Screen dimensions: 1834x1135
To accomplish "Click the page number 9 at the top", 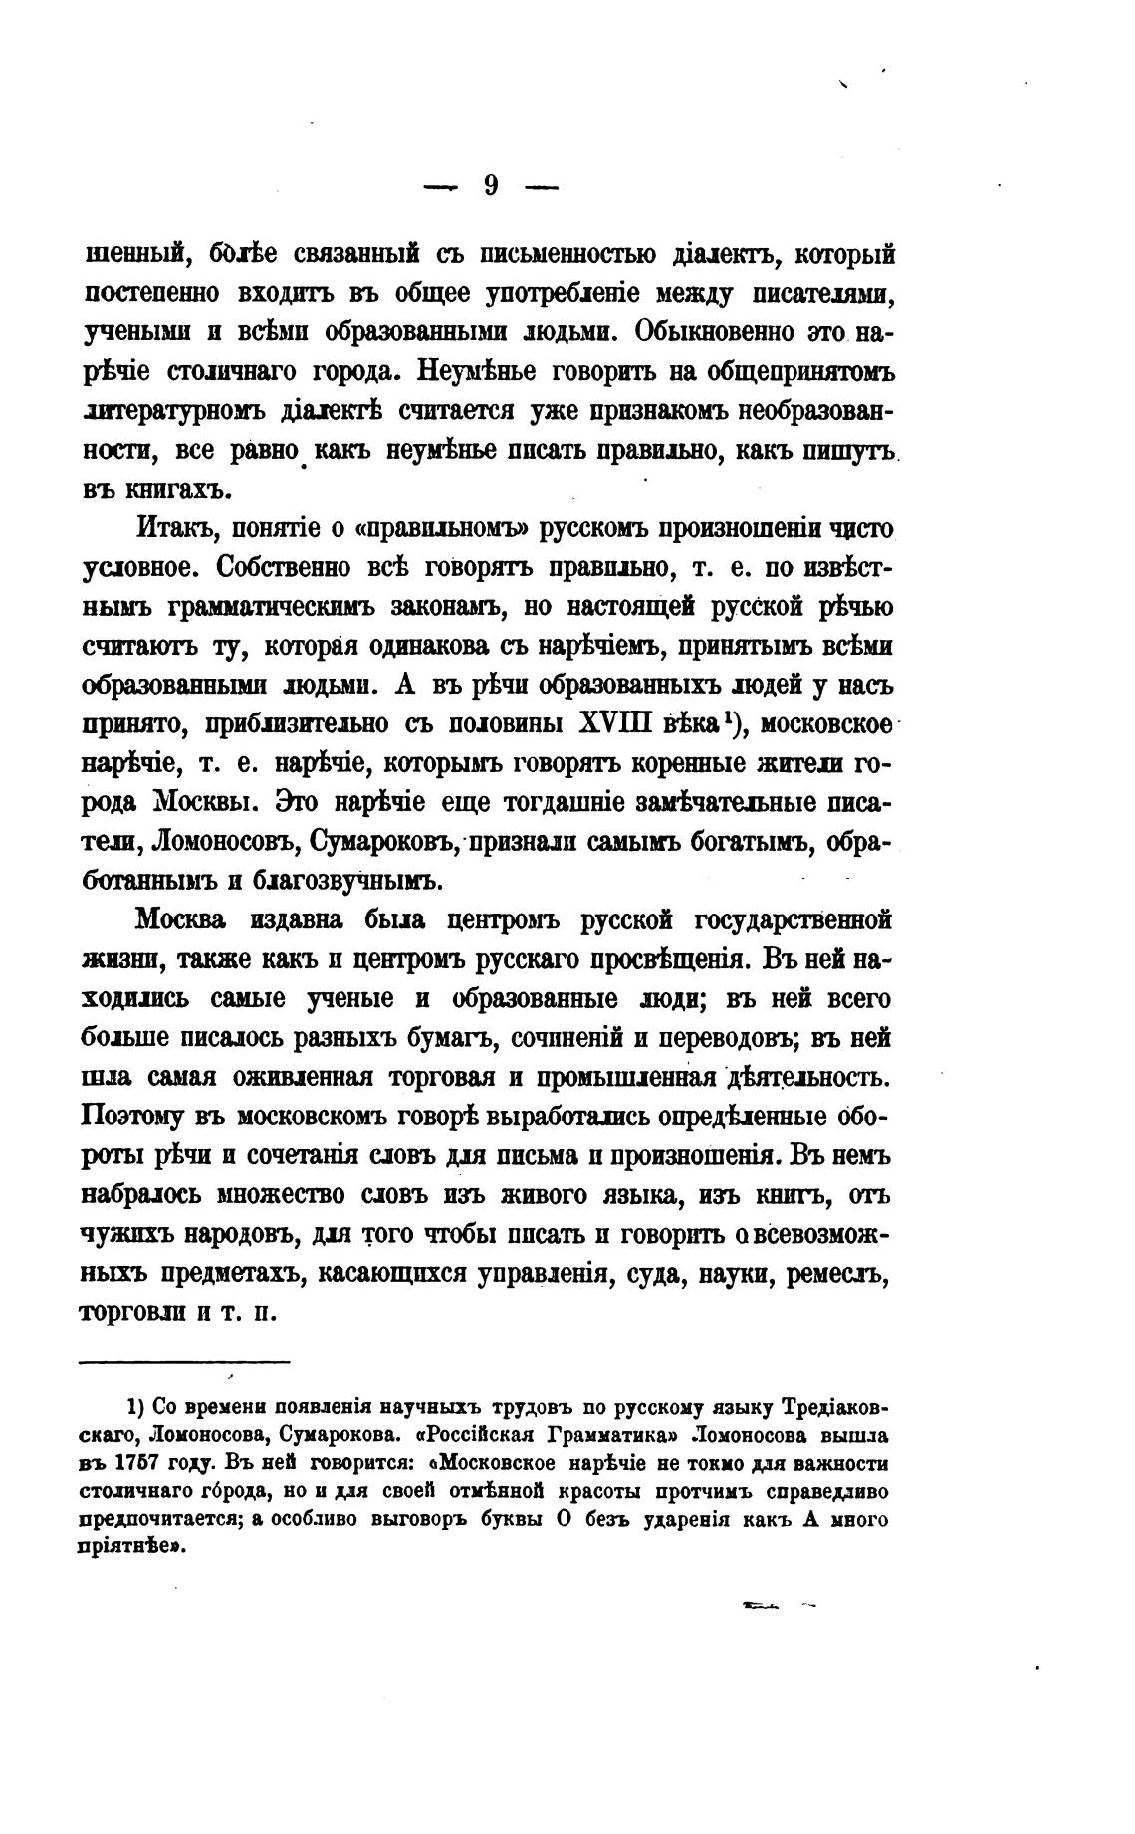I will tap(491, 186).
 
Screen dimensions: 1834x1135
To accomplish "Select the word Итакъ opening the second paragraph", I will tap(177, 528).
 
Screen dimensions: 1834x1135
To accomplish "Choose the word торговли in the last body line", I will tap(130, 1312).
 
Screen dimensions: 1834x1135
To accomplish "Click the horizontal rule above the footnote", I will tap(184, 1362).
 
